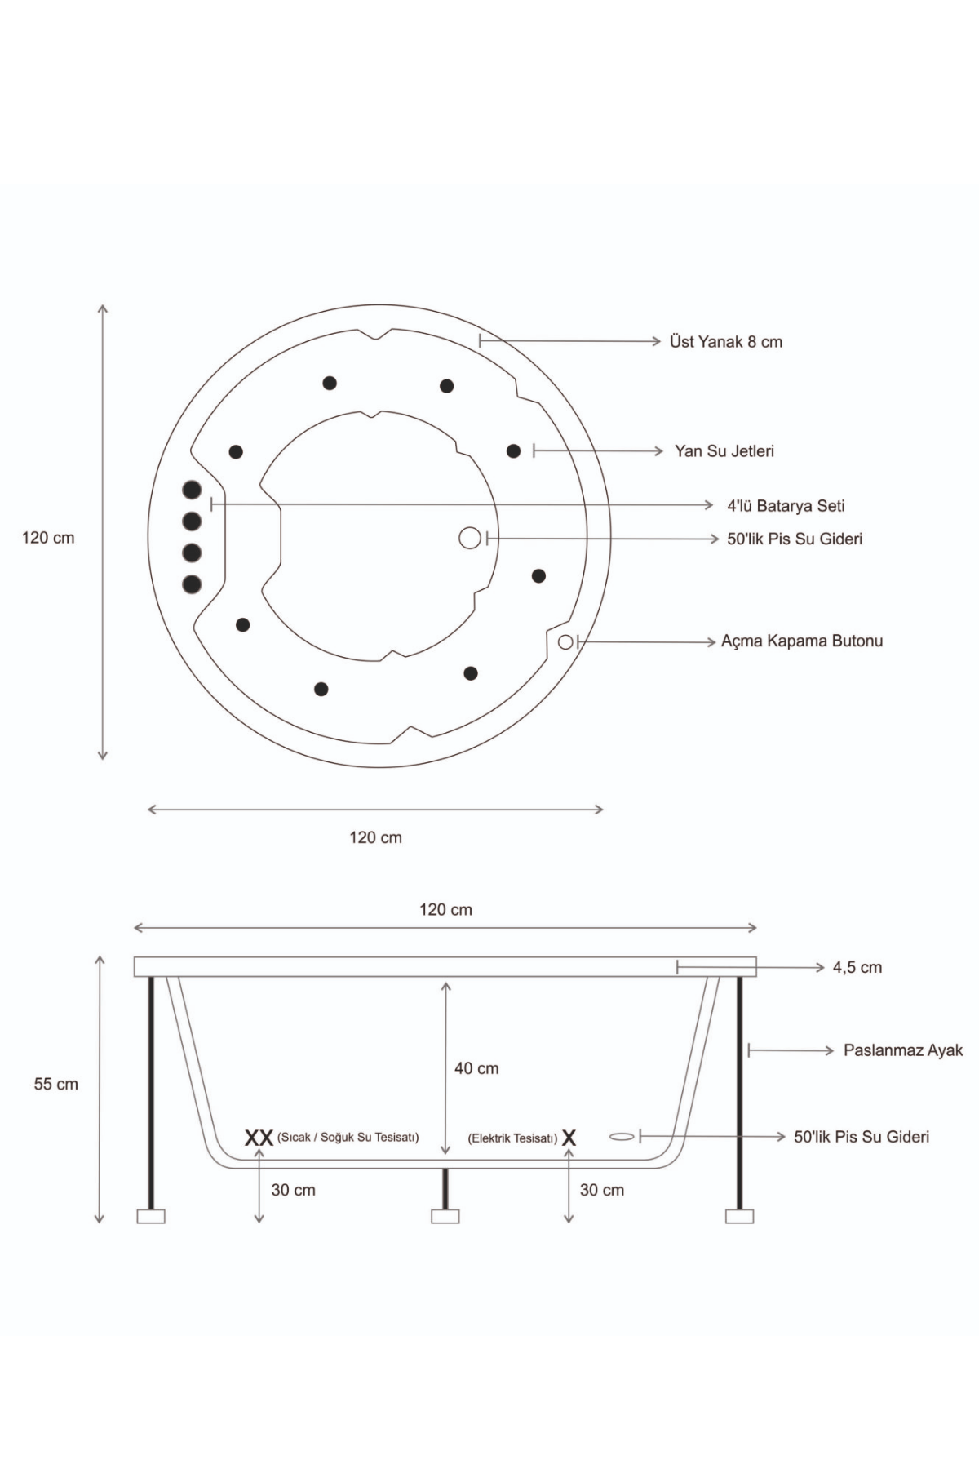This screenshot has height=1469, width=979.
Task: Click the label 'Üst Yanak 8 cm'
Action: (x=725, y=342)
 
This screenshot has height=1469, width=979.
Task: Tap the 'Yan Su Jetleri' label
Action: (x=724, y=451)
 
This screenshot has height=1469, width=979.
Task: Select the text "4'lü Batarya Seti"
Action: (x=786, y=506)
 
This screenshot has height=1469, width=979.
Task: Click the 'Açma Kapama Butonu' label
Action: (x=802, y=641)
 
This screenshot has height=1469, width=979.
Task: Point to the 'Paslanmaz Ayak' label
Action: (x=903, y=1051)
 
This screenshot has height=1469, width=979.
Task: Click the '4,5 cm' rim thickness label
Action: (x=857, y=968)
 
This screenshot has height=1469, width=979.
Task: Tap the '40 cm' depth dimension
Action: (x=476, y=1068)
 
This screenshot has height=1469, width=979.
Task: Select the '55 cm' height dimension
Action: (x=56, y=1085)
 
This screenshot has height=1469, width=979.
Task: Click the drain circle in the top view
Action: (x=470, y=538)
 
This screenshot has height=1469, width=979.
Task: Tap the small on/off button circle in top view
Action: (x=565, y=642)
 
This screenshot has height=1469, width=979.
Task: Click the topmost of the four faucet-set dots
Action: (x=192, y=490)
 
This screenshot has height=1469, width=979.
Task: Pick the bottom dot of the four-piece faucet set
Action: (x=192, y=584)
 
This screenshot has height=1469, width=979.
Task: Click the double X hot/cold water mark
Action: (x=259, y=1138)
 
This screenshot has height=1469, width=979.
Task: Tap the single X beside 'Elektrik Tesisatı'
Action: (x=569, y=1138)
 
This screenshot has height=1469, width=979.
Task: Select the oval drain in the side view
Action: (x=622, y=1137)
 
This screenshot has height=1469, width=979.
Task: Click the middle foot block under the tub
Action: (x=445, y=1216)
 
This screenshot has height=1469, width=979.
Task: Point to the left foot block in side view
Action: (x=151, y=1216)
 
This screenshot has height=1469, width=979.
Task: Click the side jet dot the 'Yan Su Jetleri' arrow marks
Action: (x=513, y=451)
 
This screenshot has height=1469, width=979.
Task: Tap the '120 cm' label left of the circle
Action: (x=48, y=539)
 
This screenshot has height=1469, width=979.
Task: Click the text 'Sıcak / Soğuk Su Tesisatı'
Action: (x=348, y=1138)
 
